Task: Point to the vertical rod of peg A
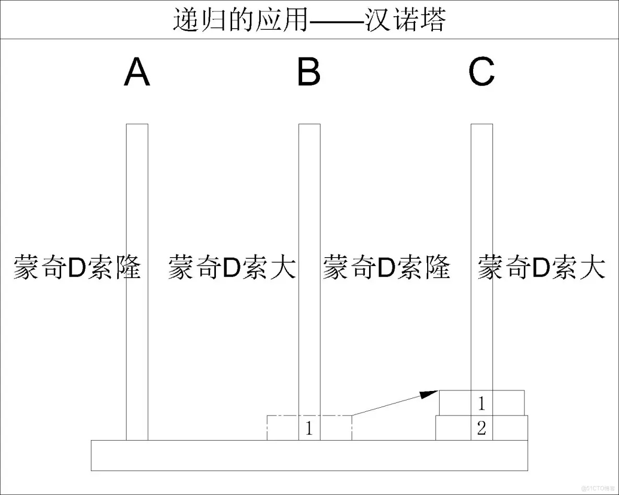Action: point(137,199)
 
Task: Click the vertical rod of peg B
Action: point(309,199)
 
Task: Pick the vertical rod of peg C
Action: point(482,199)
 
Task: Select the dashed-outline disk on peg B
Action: point(282,428)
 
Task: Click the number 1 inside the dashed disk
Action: point(309,429)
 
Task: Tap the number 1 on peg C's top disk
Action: point(482,403)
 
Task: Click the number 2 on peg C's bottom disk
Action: point(482,429)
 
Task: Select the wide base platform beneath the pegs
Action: point(309,455)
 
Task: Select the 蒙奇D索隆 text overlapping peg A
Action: point(77,268)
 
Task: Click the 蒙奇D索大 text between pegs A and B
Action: point(232,268)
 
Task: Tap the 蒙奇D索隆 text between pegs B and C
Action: point(386,268)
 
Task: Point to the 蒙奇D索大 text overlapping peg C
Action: point(541,268)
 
